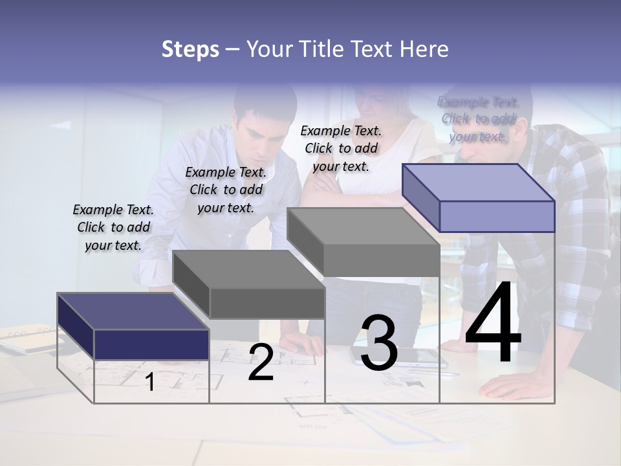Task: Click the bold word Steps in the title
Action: pyautogui.click(x=190, y=49)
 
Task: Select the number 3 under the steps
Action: pyautogui.click(x=379, y=343)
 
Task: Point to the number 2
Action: pyautogui.click(x=261, y=362)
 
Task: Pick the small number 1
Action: pyautogui.click(x=150, y=382)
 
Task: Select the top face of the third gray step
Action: pyautogui.click(x=363, y=227)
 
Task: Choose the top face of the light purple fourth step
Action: pyautogui.click(x=479, y=183)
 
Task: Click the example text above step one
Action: pyautogui.click(x=113, y=227)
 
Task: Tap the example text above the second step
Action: pyautogui.click(x=226, y=190)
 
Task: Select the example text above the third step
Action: pyautogui.click(x=341, y=148)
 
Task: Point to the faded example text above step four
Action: pyautogui.click(x=478, y=119)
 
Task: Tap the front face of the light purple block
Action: pyautogui.click(x=497, y=216)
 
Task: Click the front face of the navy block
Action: pyautogui.click(x=151, y=344)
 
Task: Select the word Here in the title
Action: pyautogui.click(x=424, y=49)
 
